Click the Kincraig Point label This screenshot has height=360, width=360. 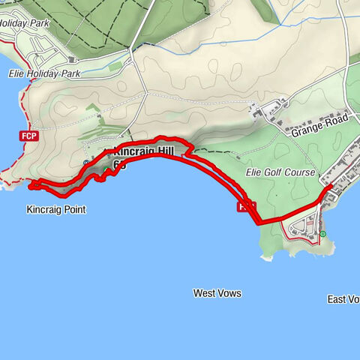(x=56, y=210)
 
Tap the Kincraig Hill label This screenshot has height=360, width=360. (x=142, y=152)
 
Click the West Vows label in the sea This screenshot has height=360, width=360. (x=217, y=293)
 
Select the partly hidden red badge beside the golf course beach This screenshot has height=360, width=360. (x=245, y=206)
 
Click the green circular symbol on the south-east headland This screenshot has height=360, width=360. (x=323, y=234)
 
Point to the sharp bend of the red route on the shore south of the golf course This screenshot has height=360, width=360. (x=258, y=222)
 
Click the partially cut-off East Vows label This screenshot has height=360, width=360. (x=344, y=299)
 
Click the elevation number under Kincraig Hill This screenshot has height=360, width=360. (x=118, y=163)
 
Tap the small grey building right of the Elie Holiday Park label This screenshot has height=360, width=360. (x=71, y=59)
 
